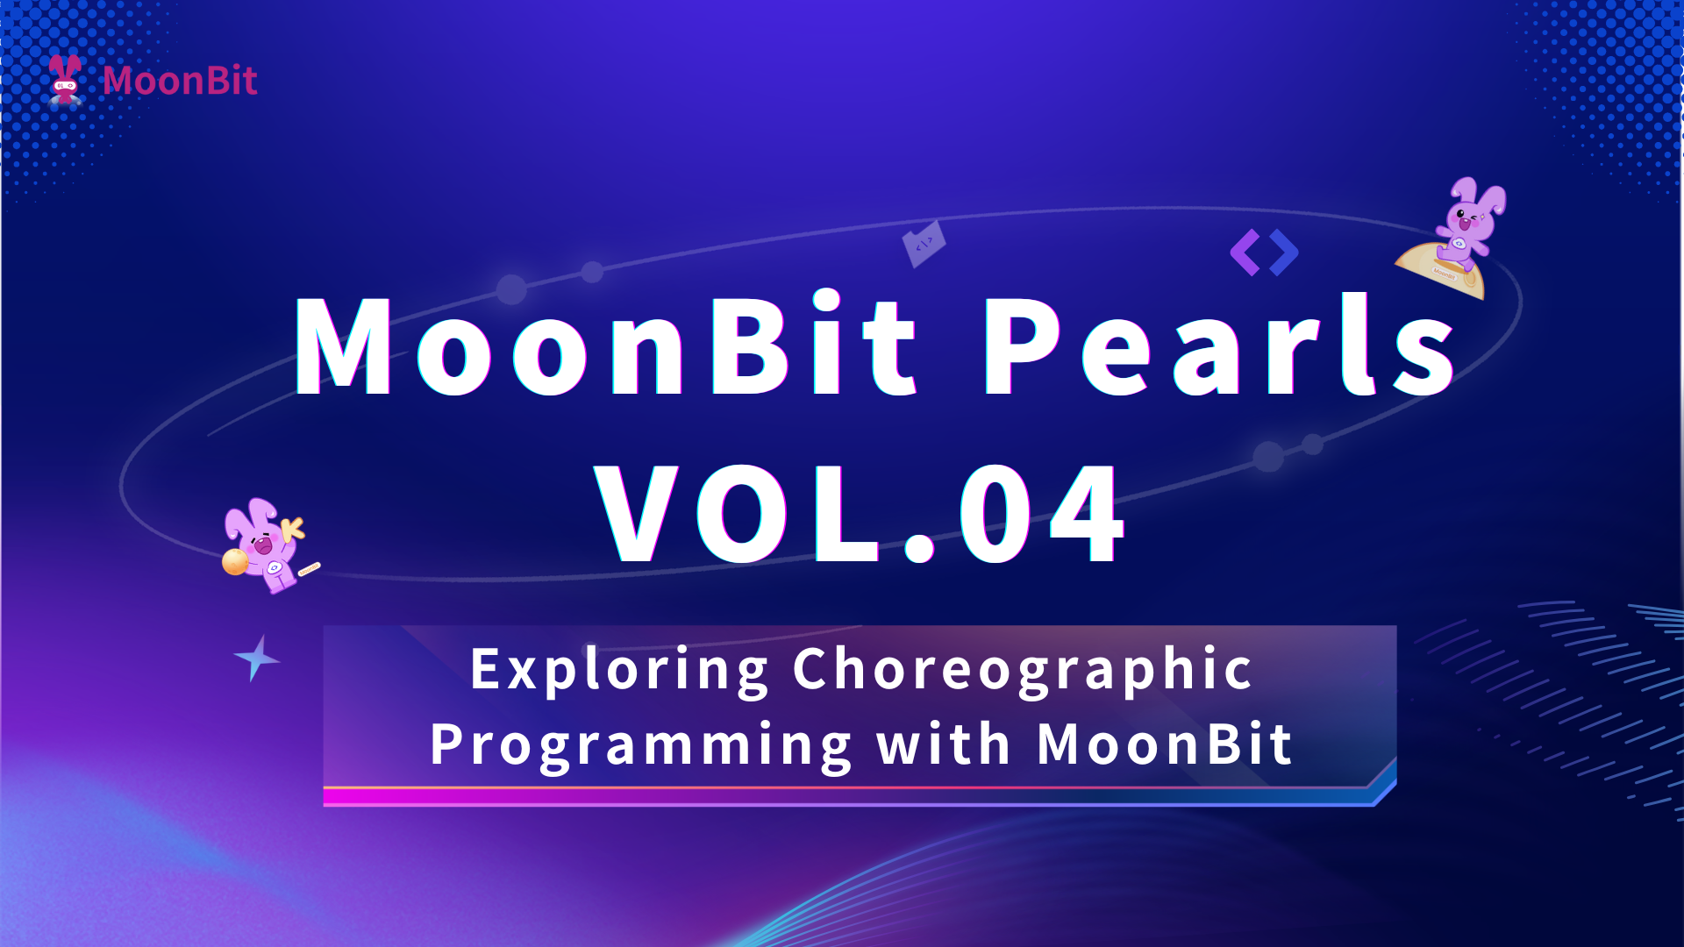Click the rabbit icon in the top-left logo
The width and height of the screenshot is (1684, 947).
point(65,80)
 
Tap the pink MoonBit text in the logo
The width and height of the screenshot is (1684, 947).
point(180,81)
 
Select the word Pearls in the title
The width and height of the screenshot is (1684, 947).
point(1220,345)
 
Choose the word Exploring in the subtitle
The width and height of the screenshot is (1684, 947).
point(619,671)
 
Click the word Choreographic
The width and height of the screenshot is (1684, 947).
point(1023,671)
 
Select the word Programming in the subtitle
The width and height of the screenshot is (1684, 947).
point(641,746)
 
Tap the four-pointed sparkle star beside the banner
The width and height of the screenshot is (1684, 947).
point(256,659)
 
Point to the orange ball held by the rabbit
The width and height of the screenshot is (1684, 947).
point(235,561)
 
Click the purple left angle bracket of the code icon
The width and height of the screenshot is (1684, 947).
point(1245,253)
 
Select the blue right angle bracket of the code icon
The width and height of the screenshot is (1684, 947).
point(1283,253)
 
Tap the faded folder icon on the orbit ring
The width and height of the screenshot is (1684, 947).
point(924,243)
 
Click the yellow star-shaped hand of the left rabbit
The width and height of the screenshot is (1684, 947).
point(292,528)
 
